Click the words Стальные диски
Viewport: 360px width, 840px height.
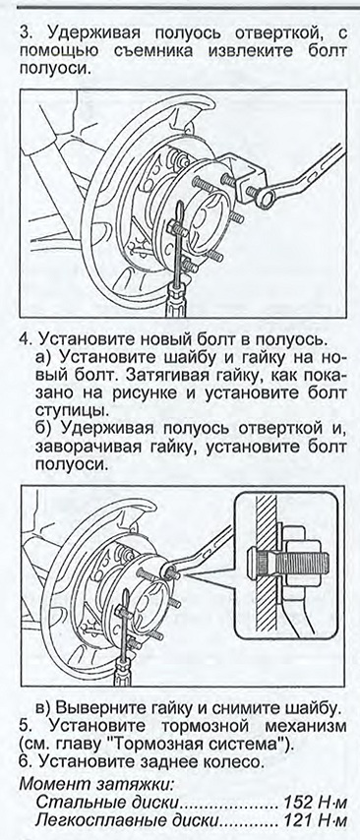[106, 803]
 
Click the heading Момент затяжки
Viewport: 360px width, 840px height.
[97, 784]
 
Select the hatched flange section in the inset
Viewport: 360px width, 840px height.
[267, 569]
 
